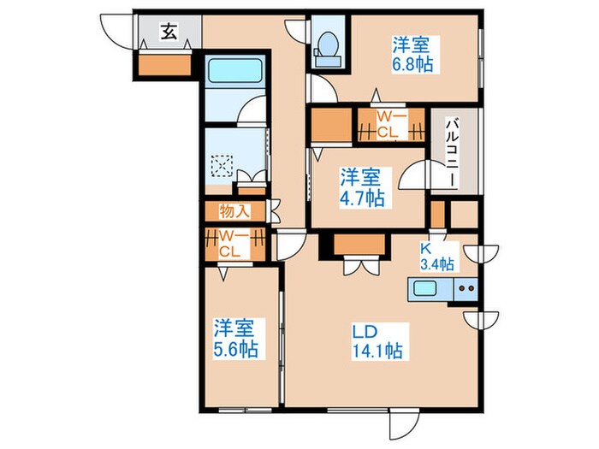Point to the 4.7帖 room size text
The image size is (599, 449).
[362, 198]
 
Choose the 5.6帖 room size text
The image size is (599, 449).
[235, 349]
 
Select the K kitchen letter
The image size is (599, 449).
[424, 248]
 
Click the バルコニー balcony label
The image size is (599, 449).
[450, 154]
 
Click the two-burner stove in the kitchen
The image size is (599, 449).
[465, 289]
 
